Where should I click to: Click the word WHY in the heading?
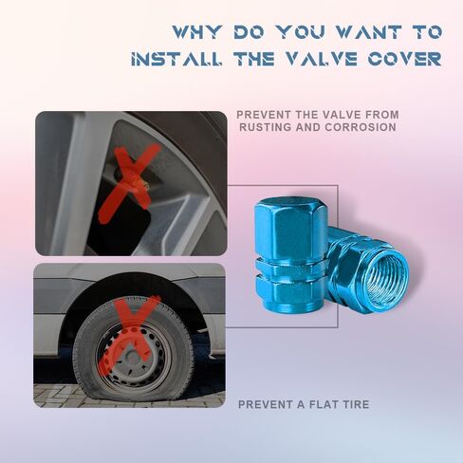tap(196, 32)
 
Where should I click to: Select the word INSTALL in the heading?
tap(176, 59)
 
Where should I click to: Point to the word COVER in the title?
tap(404, 59)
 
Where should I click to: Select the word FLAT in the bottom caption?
tap(325, 404)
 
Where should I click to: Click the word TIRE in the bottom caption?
tap(357, 404)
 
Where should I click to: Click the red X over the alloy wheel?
tap(129, 183)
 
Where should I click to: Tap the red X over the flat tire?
tap(130, 335)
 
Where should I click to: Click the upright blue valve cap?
tap(291, 255)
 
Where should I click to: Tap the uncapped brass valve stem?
tap(144, 185)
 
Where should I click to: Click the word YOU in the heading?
tap(301, 32)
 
